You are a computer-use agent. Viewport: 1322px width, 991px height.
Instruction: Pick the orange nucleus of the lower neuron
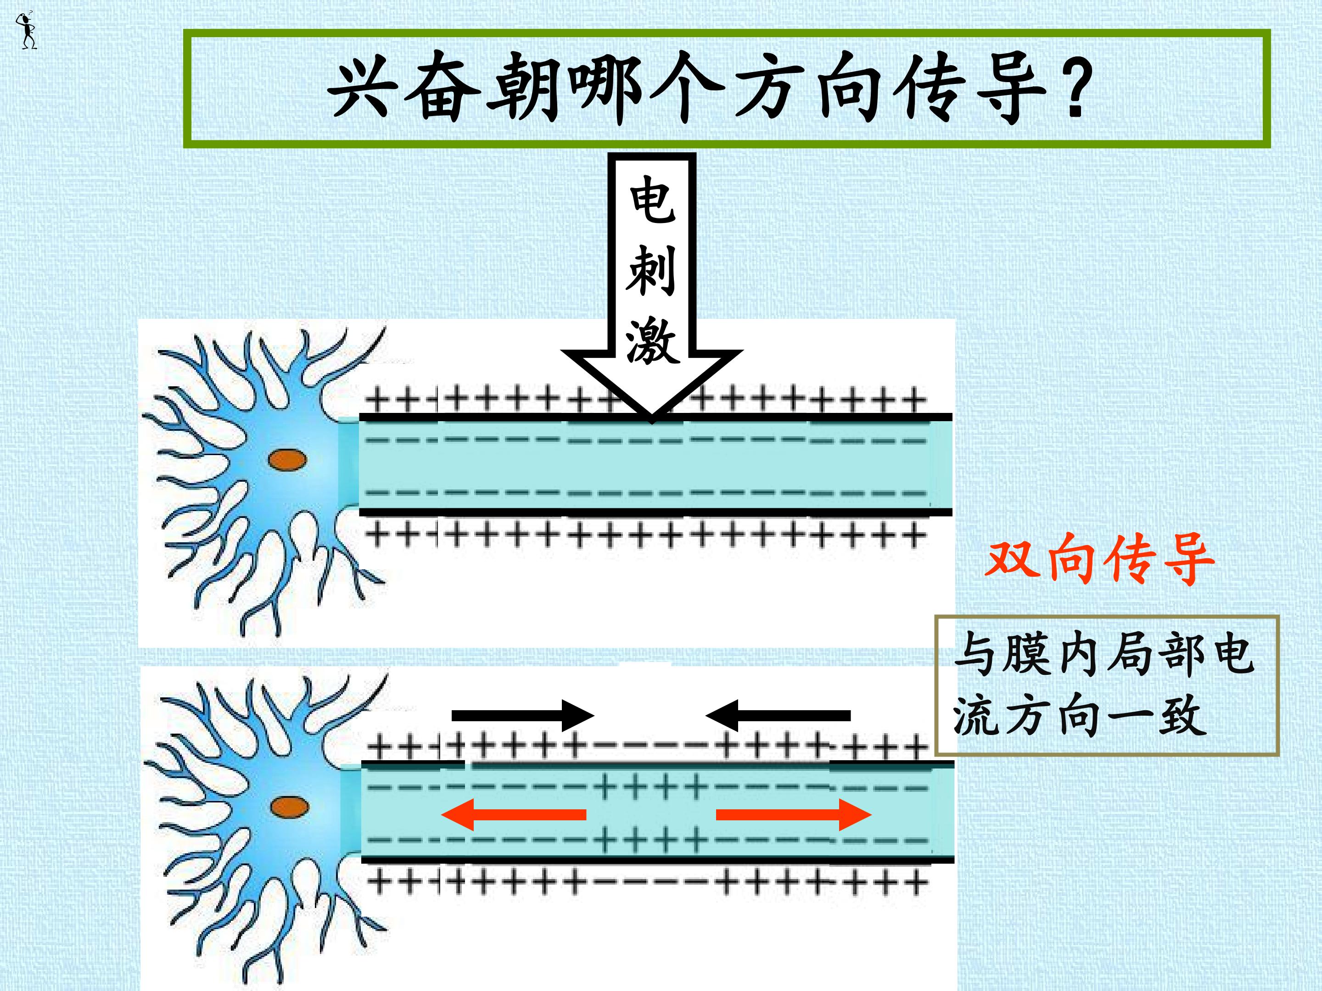point(289,807)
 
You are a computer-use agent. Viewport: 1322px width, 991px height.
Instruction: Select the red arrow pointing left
point(514,814)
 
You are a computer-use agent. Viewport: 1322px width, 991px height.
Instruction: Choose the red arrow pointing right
point(794,814)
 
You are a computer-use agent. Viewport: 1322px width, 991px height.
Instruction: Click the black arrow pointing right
point(523,715)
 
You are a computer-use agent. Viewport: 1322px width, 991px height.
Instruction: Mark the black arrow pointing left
point(778,715)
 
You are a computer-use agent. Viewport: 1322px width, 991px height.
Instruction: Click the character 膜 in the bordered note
point(1027,655)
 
